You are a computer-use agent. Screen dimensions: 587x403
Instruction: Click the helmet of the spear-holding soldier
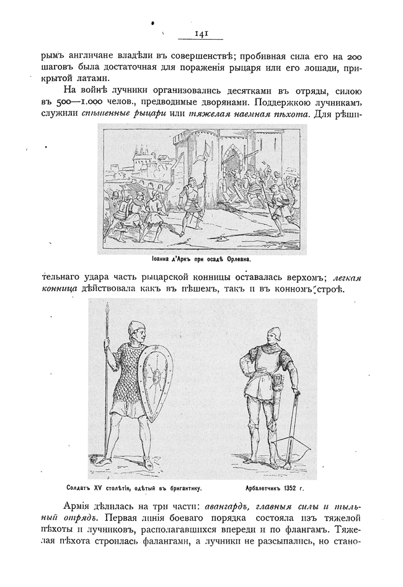click(136, 328)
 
